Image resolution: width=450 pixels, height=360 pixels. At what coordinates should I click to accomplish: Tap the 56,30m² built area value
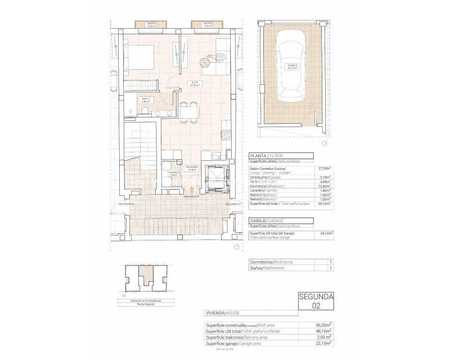click(x=323, y=325)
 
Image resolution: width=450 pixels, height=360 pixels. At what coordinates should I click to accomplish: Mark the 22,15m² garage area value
click(x=323, y=343)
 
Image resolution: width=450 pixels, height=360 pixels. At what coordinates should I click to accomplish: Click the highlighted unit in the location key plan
click(x=146, y=280)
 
